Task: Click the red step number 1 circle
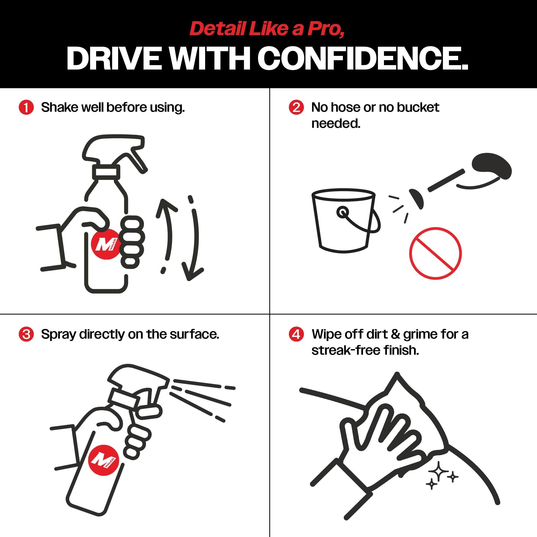point(26,107)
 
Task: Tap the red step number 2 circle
point(296,107)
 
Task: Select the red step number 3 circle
point(26,334)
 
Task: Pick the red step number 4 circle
point(296,334)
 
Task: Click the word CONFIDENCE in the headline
point(363,58)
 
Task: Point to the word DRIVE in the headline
point(114,58)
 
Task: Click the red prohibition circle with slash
point(435,253)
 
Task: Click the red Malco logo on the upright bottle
point(106,244)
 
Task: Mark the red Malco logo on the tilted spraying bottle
point(103,460)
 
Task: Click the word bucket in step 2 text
point(418,107)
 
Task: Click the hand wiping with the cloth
point(378,442)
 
